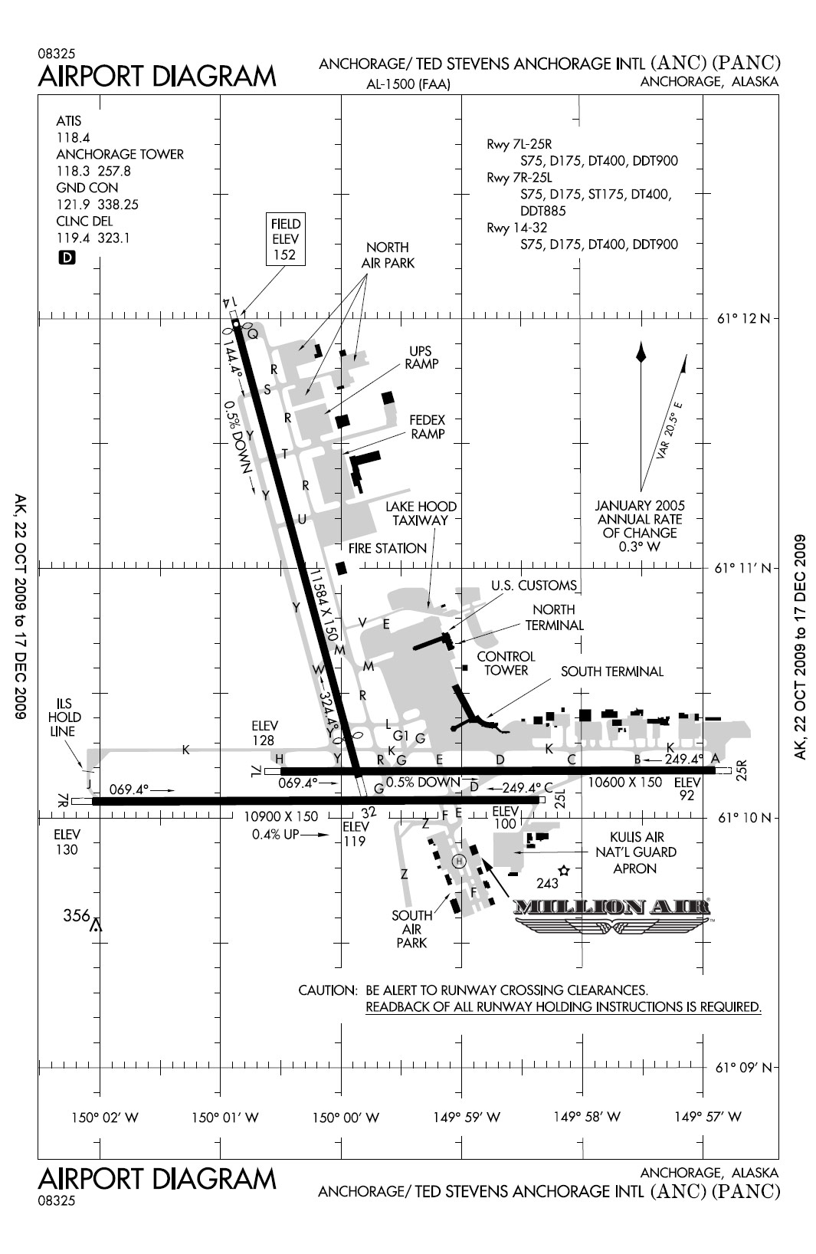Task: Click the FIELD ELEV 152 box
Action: (285, 239)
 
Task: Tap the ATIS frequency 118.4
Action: (73, 137)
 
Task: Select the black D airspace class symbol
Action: (67, 258)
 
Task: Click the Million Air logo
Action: (611, 914)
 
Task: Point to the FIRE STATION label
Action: (387, 548)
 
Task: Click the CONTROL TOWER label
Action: (506, 663)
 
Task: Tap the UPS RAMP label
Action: (421, 356)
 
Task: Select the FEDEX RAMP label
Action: (428, 427)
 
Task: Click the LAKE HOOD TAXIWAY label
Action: (421, 513)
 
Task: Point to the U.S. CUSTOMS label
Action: (533, 586)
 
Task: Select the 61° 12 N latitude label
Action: (742, 318)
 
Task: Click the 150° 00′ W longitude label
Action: (346, 1118)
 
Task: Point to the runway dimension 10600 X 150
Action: (624, 783)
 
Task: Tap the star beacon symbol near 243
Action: (565, 870)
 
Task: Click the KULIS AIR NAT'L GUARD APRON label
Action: (635, 852)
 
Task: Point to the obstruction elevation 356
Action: (77, 915)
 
